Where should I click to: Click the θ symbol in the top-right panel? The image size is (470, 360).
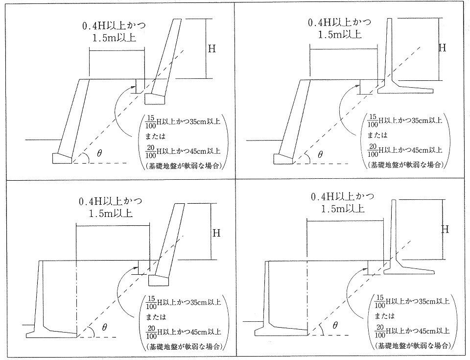tap(320, 155)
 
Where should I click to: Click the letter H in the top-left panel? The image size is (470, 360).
tap(212, 48)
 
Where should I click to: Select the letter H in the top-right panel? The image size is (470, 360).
tap(442, 48)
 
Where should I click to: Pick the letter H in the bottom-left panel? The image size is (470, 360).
tap(216, 233)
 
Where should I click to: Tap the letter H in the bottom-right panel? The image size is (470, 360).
tap(445, 229)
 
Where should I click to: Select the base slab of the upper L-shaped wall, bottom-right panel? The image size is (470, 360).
tap(408, 270)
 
